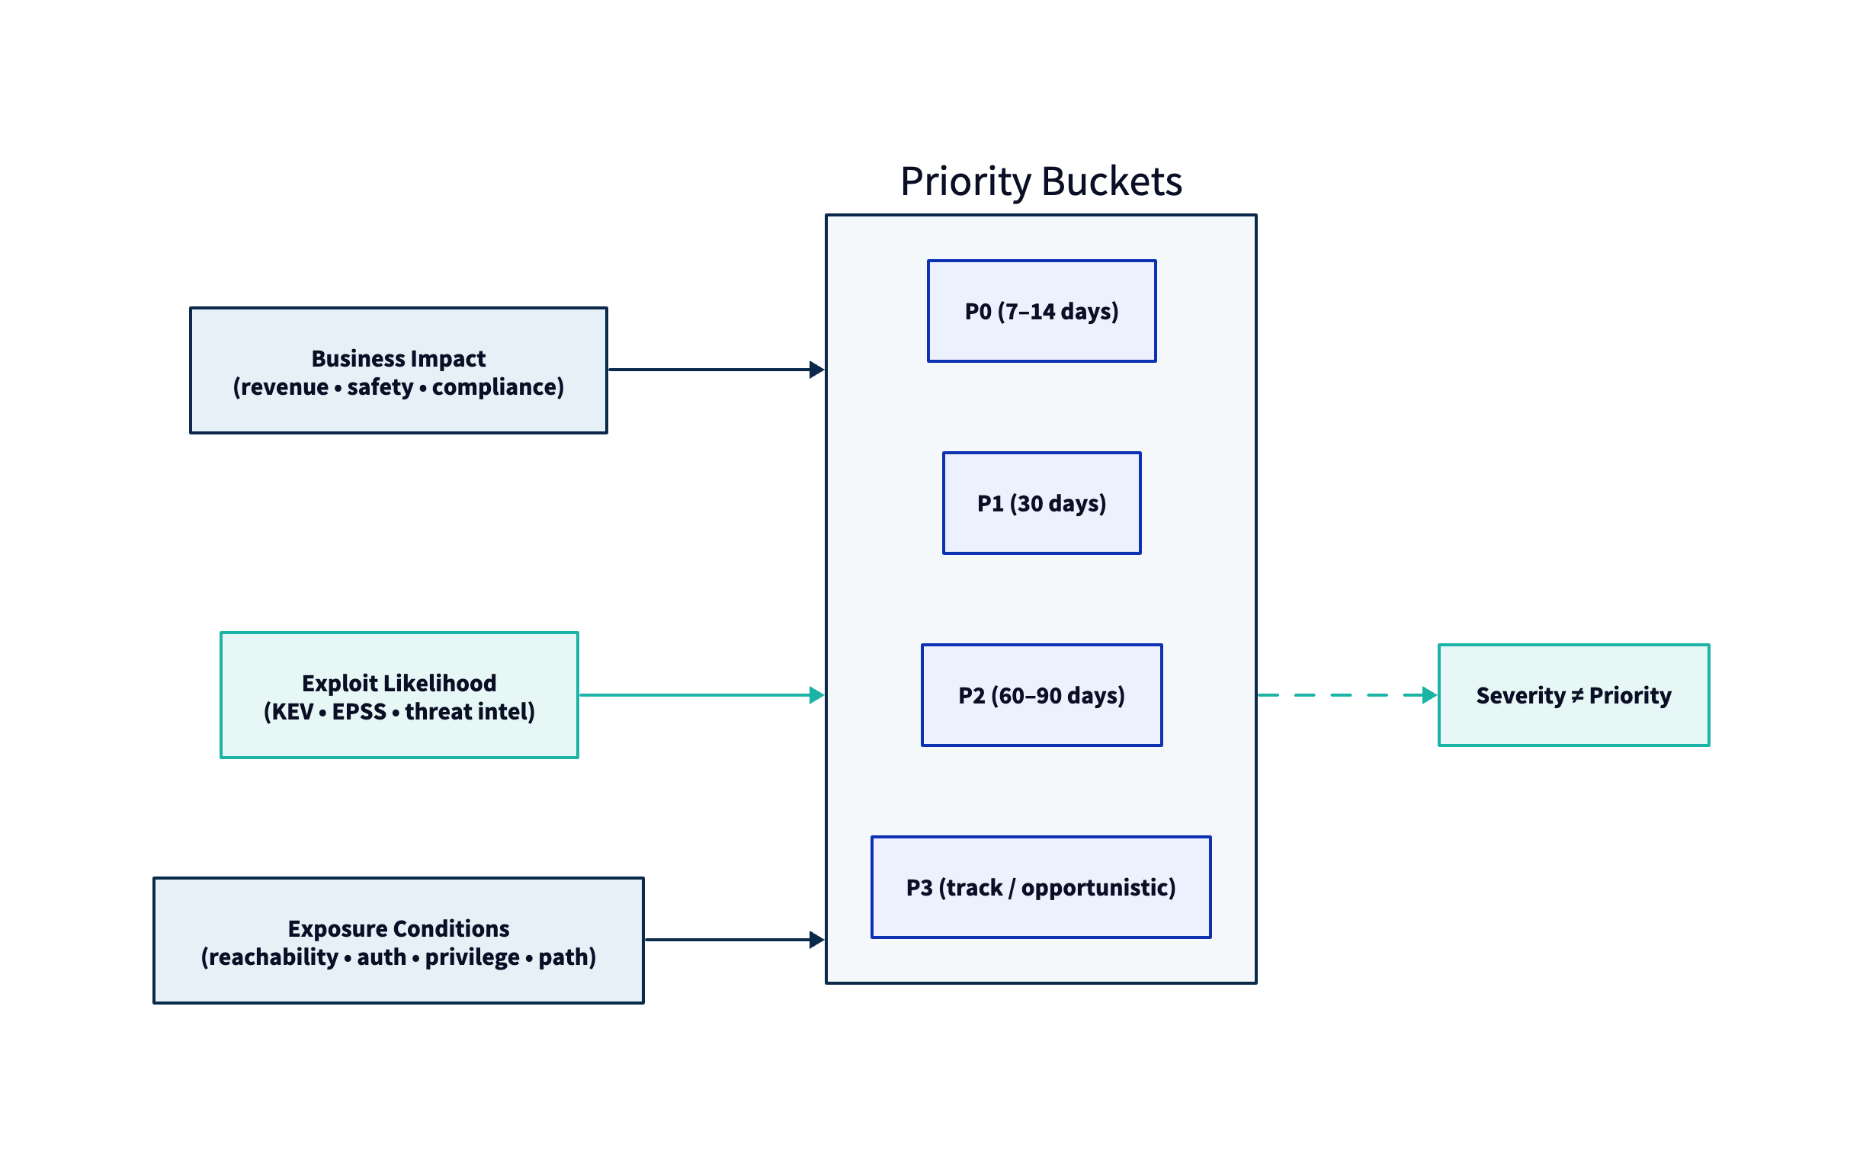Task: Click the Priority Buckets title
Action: coord(1041,181)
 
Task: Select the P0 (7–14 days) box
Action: coord(1041,312)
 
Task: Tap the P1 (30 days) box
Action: coord(1041,504)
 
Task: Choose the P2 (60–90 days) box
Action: coord(1041,696)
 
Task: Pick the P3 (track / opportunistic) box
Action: coord(1041,888)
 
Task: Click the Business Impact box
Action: coord(399,371)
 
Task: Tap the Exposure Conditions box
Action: coord(399,941)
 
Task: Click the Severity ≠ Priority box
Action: coord(1573,696)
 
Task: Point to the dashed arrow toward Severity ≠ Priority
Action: coord(1347,696)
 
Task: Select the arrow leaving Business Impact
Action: coord(711,370)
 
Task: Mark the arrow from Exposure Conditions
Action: coord(731,940)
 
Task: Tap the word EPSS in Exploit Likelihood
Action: coord(359,712)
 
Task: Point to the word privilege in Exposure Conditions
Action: coord(472,957)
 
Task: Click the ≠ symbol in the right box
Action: coord(1577,696)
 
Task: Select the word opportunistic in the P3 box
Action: coord(1097,888)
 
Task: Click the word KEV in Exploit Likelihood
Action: coord(291,712)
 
